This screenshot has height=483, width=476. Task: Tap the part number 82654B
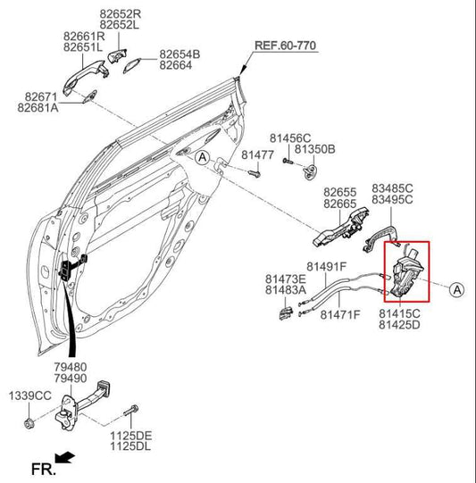[180, 54]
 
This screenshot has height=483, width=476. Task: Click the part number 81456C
[290, 138]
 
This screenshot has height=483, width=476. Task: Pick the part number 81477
[257, 154]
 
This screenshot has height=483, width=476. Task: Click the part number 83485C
[392, 188]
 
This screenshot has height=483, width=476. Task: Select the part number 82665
[339, 204]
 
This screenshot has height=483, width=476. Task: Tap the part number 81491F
[326, 266]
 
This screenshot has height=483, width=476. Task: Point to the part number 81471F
[340, 314]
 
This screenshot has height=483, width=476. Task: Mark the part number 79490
[69, 378]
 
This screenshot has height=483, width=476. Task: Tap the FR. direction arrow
[65, 461]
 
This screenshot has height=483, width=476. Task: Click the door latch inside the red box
[405, 272]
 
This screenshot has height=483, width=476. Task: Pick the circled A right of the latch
[455, 288]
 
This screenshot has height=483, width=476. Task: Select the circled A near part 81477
[202, 157]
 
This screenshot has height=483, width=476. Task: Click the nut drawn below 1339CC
[28, 420]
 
